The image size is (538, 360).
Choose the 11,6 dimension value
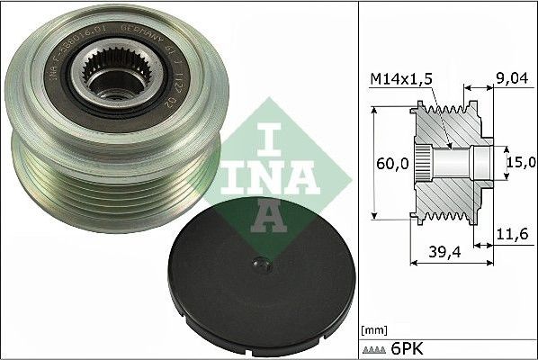[510, 234]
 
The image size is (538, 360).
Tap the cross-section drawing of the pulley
[450, 162]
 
